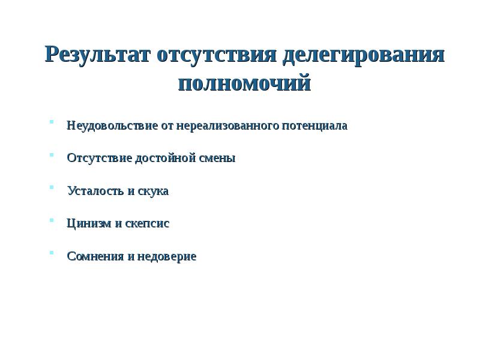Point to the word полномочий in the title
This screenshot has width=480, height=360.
[x=245, y=82]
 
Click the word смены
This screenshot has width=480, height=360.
[x=218, y=158]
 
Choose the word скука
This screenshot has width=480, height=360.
[x=153, y=191]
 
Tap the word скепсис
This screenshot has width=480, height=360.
[x=148, y=223]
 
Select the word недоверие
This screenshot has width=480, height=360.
[x=166, y=256]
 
